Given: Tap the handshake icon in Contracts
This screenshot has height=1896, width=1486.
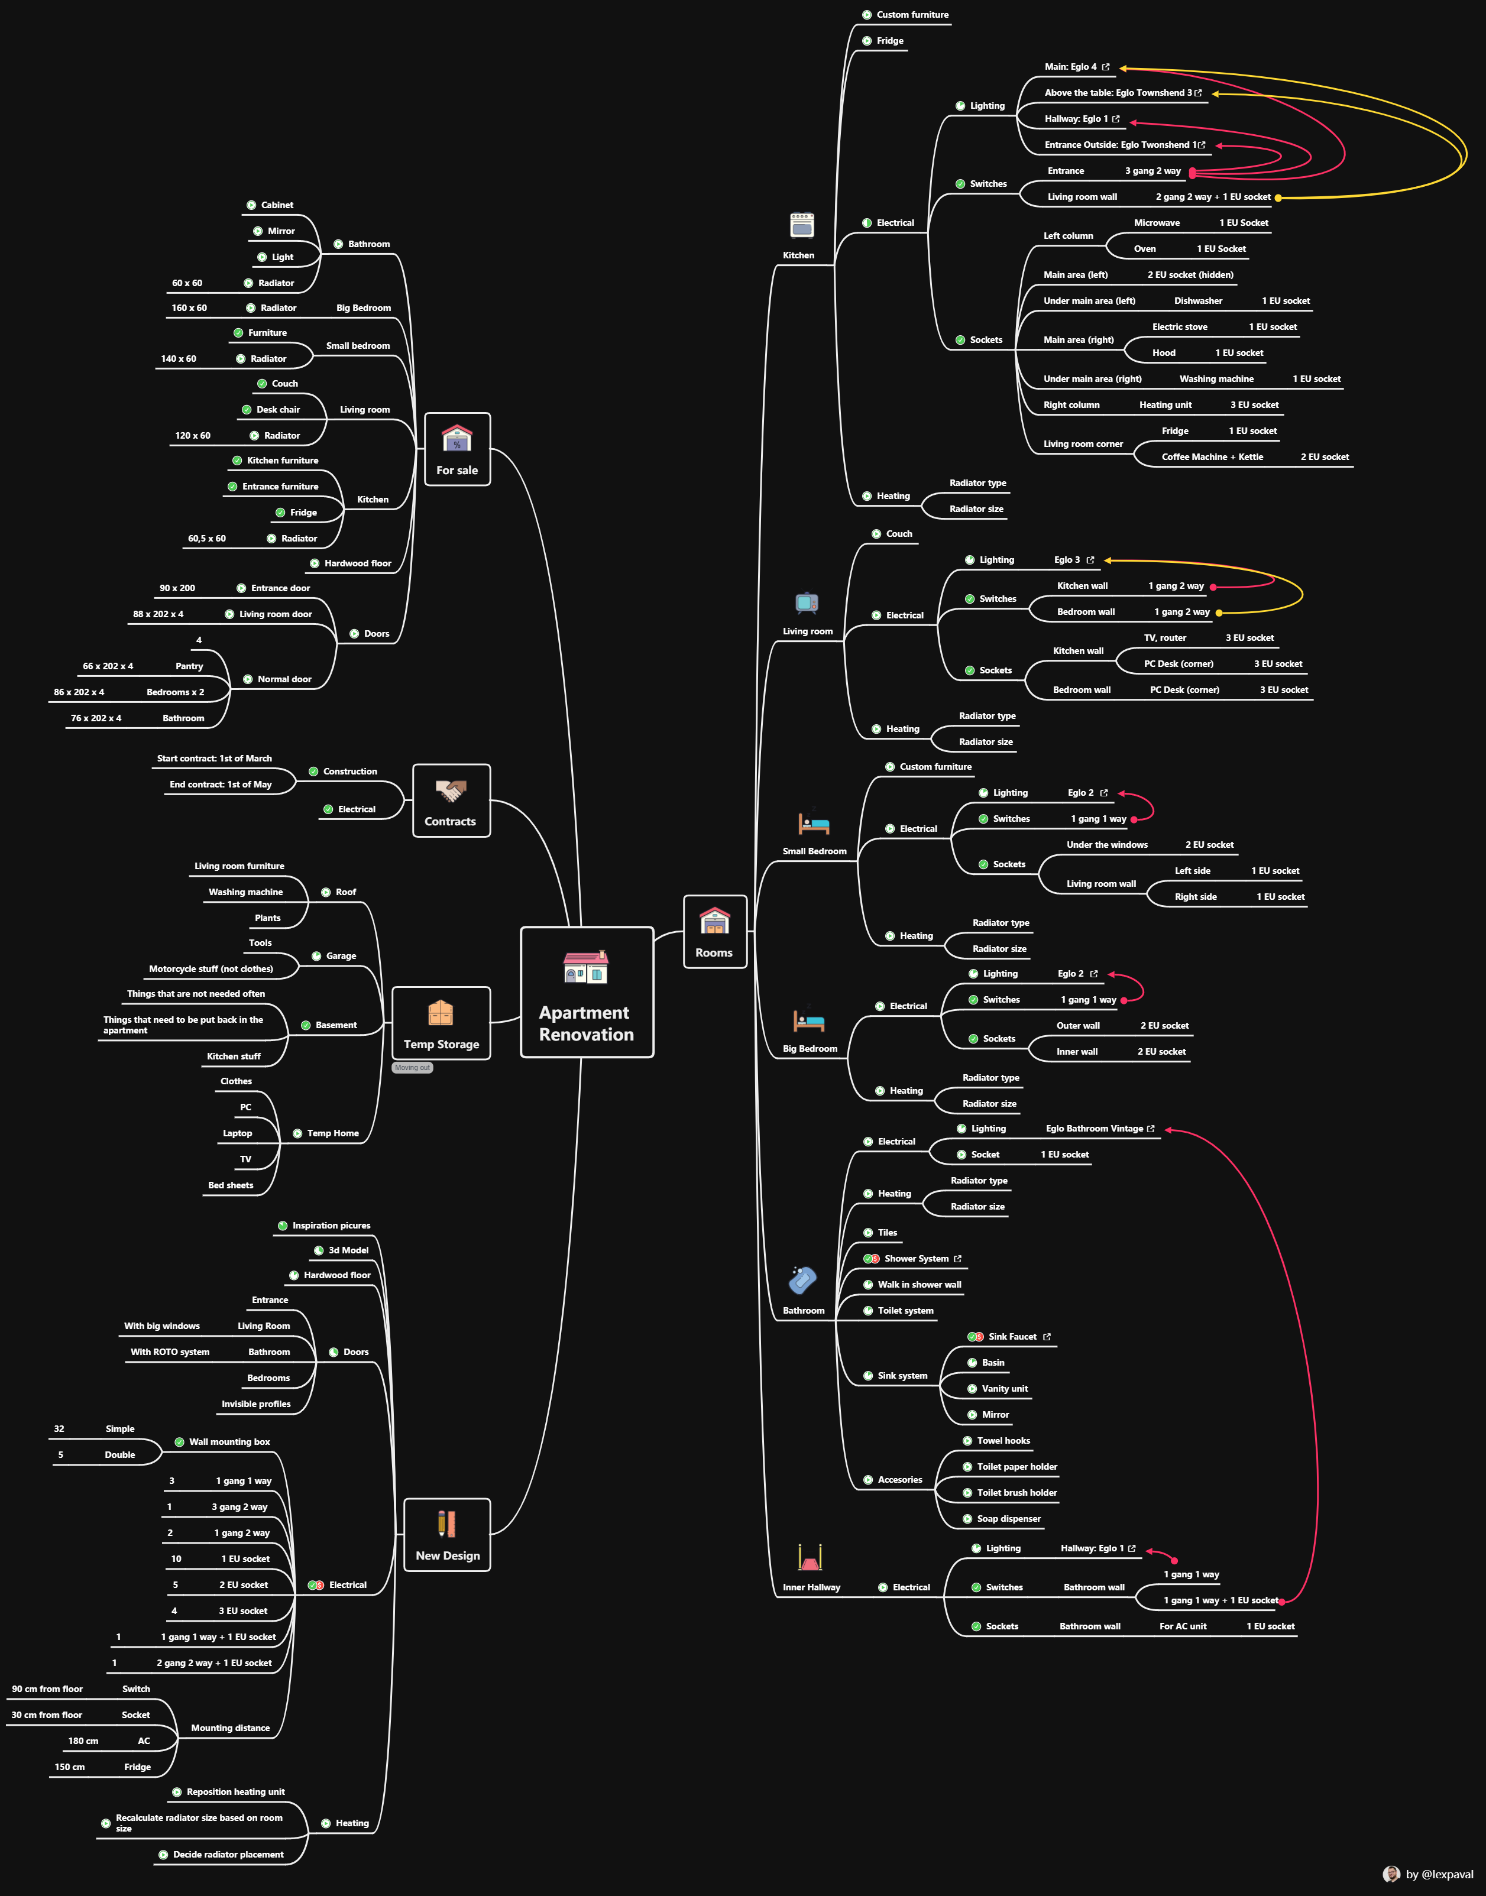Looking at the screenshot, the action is (x=451, y=790).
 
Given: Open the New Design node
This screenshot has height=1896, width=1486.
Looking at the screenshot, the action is (x=447, y=1535).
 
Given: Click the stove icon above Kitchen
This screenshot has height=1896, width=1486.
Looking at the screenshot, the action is (x=801, y=225).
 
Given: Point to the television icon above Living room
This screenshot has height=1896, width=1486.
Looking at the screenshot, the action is (x=807, y=602).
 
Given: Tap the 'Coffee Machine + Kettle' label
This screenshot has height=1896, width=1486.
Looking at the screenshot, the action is (x=1212, y=456).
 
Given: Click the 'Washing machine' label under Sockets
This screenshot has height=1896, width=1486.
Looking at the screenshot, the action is (x=1216, y=379).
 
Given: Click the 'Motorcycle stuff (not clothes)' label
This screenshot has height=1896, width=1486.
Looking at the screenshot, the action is (x=211, y=969).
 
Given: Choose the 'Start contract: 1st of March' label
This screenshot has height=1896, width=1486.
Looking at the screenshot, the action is (x=214, y=759).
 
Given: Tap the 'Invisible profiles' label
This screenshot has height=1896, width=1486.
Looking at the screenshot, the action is (x=256, y=1404).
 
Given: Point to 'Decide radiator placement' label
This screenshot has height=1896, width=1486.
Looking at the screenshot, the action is (x=228, y=1854).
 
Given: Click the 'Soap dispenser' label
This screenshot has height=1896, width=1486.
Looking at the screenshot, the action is (x=1008, y=1519).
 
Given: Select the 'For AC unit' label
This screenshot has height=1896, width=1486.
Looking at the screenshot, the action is (x=1183, y=1626).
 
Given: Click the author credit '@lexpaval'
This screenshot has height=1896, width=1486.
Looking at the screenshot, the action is (x=1439, y=1874).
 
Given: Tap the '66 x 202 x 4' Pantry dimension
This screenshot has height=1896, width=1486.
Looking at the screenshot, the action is (x=108, y=666).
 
